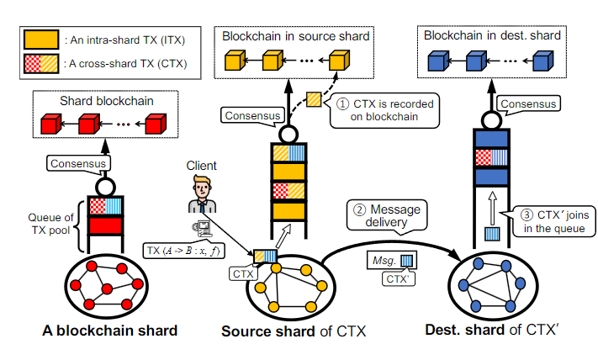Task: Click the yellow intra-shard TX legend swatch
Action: coord(40,40)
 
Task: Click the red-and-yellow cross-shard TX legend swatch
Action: coord(40,63)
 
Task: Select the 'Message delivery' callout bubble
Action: coord(385,215)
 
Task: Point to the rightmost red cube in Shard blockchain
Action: coord(153,126)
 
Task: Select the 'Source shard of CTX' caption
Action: coord(294,331)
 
